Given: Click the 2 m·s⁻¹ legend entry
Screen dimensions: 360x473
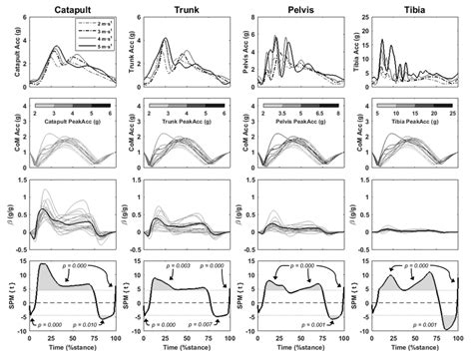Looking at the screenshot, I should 97,25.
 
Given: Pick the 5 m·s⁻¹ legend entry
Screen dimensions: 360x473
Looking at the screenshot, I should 97,49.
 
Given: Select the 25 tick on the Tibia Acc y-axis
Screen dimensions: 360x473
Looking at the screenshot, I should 367,25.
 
